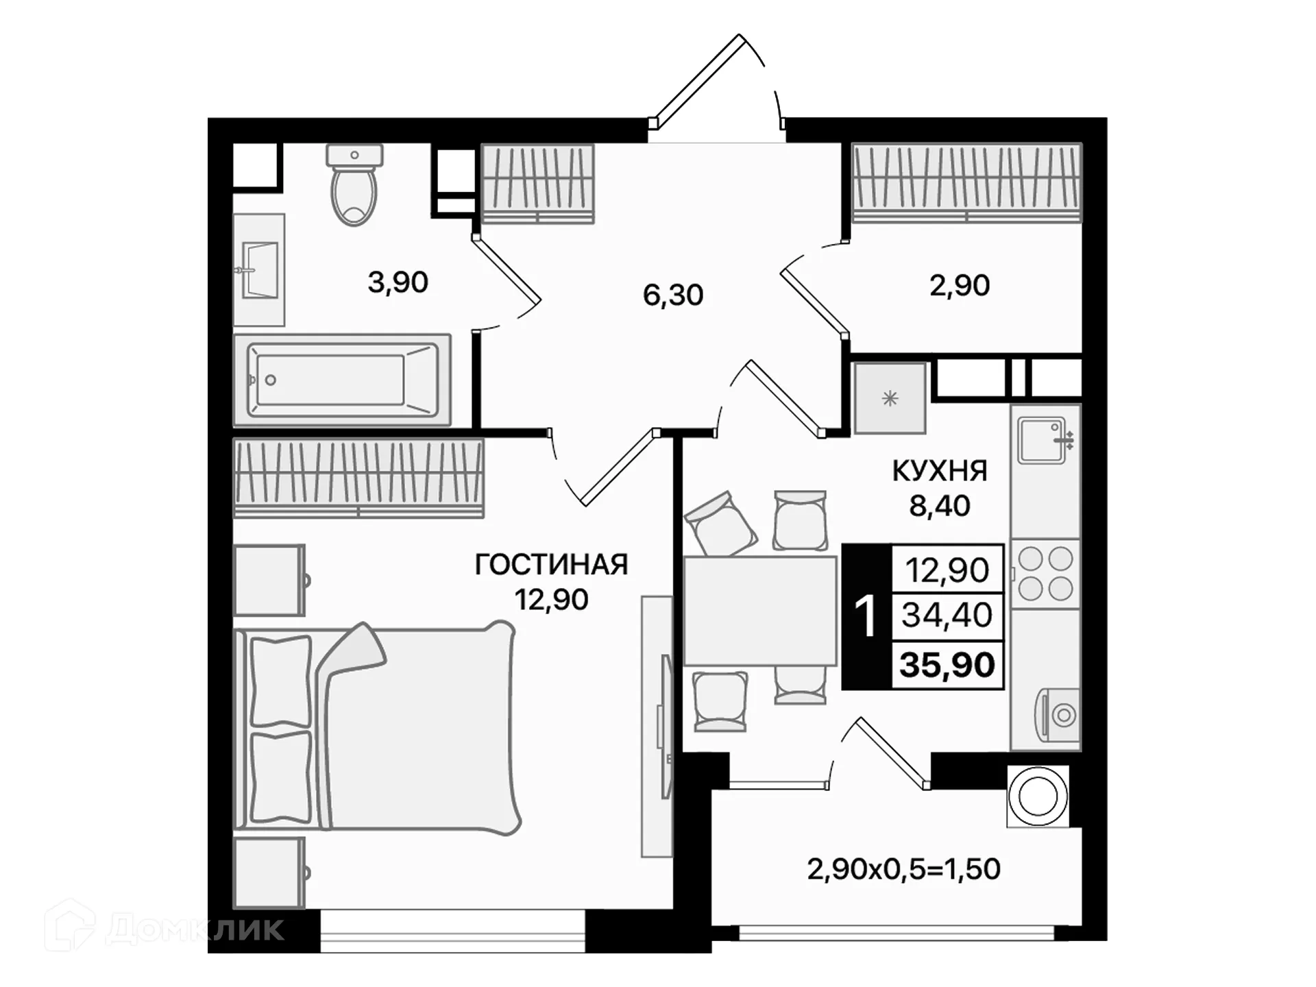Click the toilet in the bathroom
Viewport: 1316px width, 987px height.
click(x=354, y=186)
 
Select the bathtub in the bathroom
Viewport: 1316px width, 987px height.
click(x=341, y=380)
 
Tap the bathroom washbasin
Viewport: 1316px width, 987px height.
click(x=260, y=269)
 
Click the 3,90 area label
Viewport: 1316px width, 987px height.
click(x=398, y=282)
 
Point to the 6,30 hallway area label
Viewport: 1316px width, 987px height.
click(x=673, y=295)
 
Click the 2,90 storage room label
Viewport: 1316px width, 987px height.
click(x=959, y=286)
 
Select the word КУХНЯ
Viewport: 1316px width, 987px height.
click(x=939, y=472)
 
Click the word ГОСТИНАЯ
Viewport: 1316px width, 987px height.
click(x=551, y=565)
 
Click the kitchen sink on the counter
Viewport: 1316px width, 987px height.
click(x=1042, y=440)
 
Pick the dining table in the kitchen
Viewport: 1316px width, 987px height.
click(x=760, y=611)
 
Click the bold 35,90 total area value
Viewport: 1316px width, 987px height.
click(x=947, y=665)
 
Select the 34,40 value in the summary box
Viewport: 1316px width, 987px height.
click(x=947, y=615)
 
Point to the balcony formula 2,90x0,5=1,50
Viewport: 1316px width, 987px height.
click(x=903, y=869)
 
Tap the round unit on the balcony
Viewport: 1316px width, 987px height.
click(x=1038, y=796)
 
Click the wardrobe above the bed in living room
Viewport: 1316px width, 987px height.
click(x=358, y=478)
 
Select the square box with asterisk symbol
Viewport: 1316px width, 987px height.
click(x=890, y=398)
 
